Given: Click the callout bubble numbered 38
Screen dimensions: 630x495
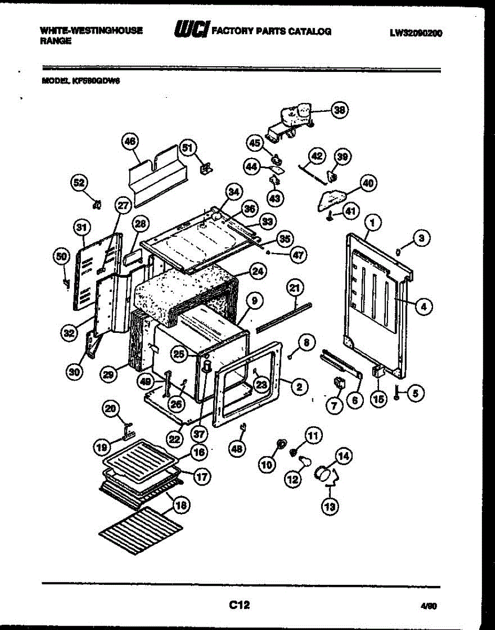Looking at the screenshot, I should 340,110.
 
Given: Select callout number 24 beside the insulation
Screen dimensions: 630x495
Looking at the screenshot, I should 257,271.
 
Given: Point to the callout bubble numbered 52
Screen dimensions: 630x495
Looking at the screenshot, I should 78,183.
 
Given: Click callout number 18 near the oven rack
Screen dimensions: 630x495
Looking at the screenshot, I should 181,505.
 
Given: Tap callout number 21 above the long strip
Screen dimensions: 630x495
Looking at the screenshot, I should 295,288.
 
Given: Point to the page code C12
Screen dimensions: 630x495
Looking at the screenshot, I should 239,605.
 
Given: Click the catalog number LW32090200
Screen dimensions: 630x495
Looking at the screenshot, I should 416,33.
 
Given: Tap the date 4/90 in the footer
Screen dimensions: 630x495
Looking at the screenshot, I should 428,607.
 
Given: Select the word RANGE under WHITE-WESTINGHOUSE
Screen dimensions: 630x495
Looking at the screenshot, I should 55,41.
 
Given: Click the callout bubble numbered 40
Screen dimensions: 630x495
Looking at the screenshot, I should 367,183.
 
